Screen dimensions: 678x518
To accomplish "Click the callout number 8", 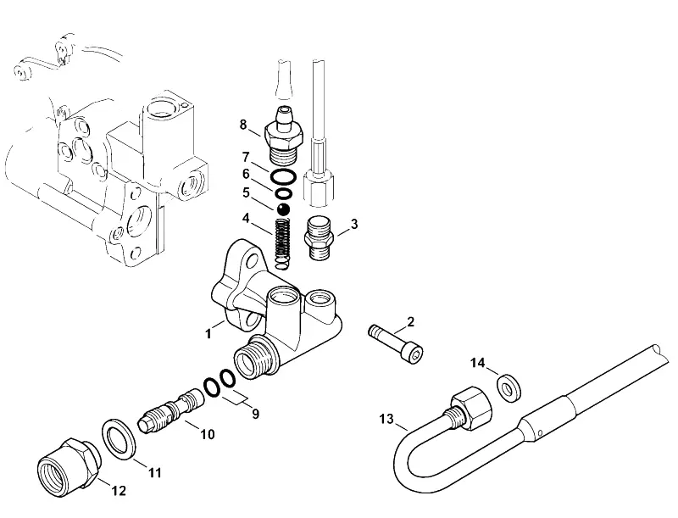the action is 243,125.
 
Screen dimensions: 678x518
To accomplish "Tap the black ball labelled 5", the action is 283,209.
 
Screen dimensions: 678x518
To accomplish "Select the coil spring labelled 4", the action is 283,243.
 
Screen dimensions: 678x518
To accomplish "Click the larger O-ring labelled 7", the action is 284,176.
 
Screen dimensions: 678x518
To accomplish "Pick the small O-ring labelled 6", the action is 283,192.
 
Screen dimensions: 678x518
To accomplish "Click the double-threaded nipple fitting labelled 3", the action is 320,240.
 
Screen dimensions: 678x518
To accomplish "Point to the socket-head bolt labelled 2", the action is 396,342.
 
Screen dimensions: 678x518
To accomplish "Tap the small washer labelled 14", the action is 509,387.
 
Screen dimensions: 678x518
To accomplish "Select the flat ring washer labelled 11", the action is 119,439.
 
